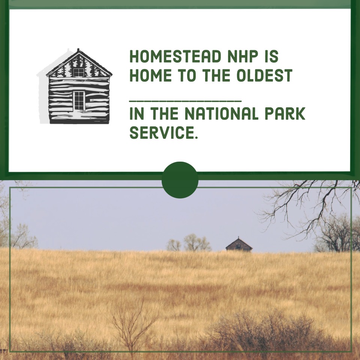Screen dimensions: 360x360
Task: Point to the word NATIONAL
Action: pyautogui.click(x=216, y=114)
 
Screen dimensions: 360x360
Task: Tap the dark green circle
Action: pyautogui.click(x=180, y=180)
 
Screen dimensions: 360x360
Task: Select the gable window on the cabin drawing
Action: pyautogui.click(x=78, y=72)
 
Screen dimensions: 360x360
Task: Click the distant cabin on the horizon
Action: pyautogui.click(x=239, y=244)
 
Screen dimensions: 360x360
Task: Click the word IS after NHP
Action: pyautogui.click(x=271, y=57)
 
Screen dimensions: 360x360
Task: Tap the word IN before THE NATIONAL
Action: pyautogui.click(x=136, y=114)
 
